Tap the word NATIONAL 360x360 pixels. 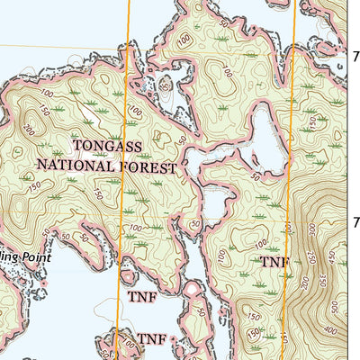click(74, 166)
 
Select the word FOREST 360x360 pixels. click(148, 166)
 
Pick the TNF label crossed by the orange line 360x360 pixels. click(276, 263)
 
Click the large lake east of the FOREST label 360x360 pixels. click(263, 139)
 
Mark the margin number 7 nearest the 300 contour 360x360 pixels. click(355, 221)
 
